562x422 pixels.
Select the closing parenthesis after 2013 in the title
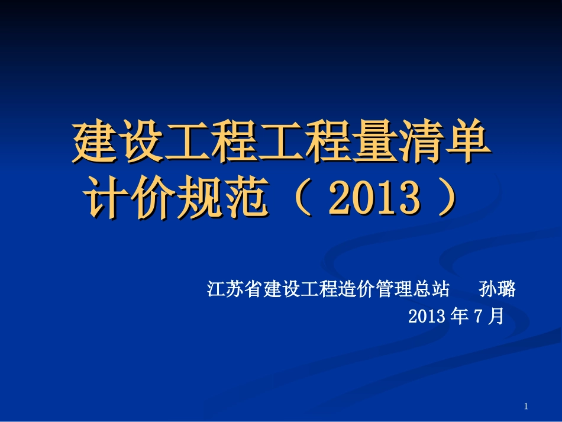[447, 199]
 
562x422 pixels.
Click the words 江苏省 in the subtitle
[234, 289]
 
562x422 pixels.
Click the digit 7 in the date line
[479, 317]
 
